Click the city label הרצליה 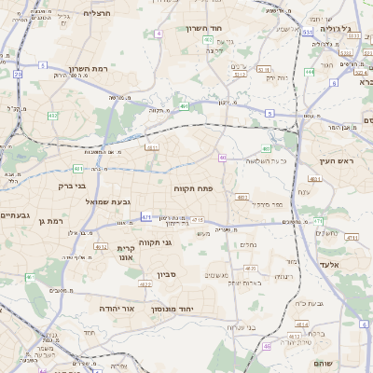pos(96,13)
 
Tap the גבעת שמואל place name pos(114,201)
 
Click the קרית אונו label pos(126,255)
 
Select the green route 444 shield pos(309,72)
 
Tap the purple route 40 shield pos(223,158)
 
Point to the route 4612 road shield pos(100,246)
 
